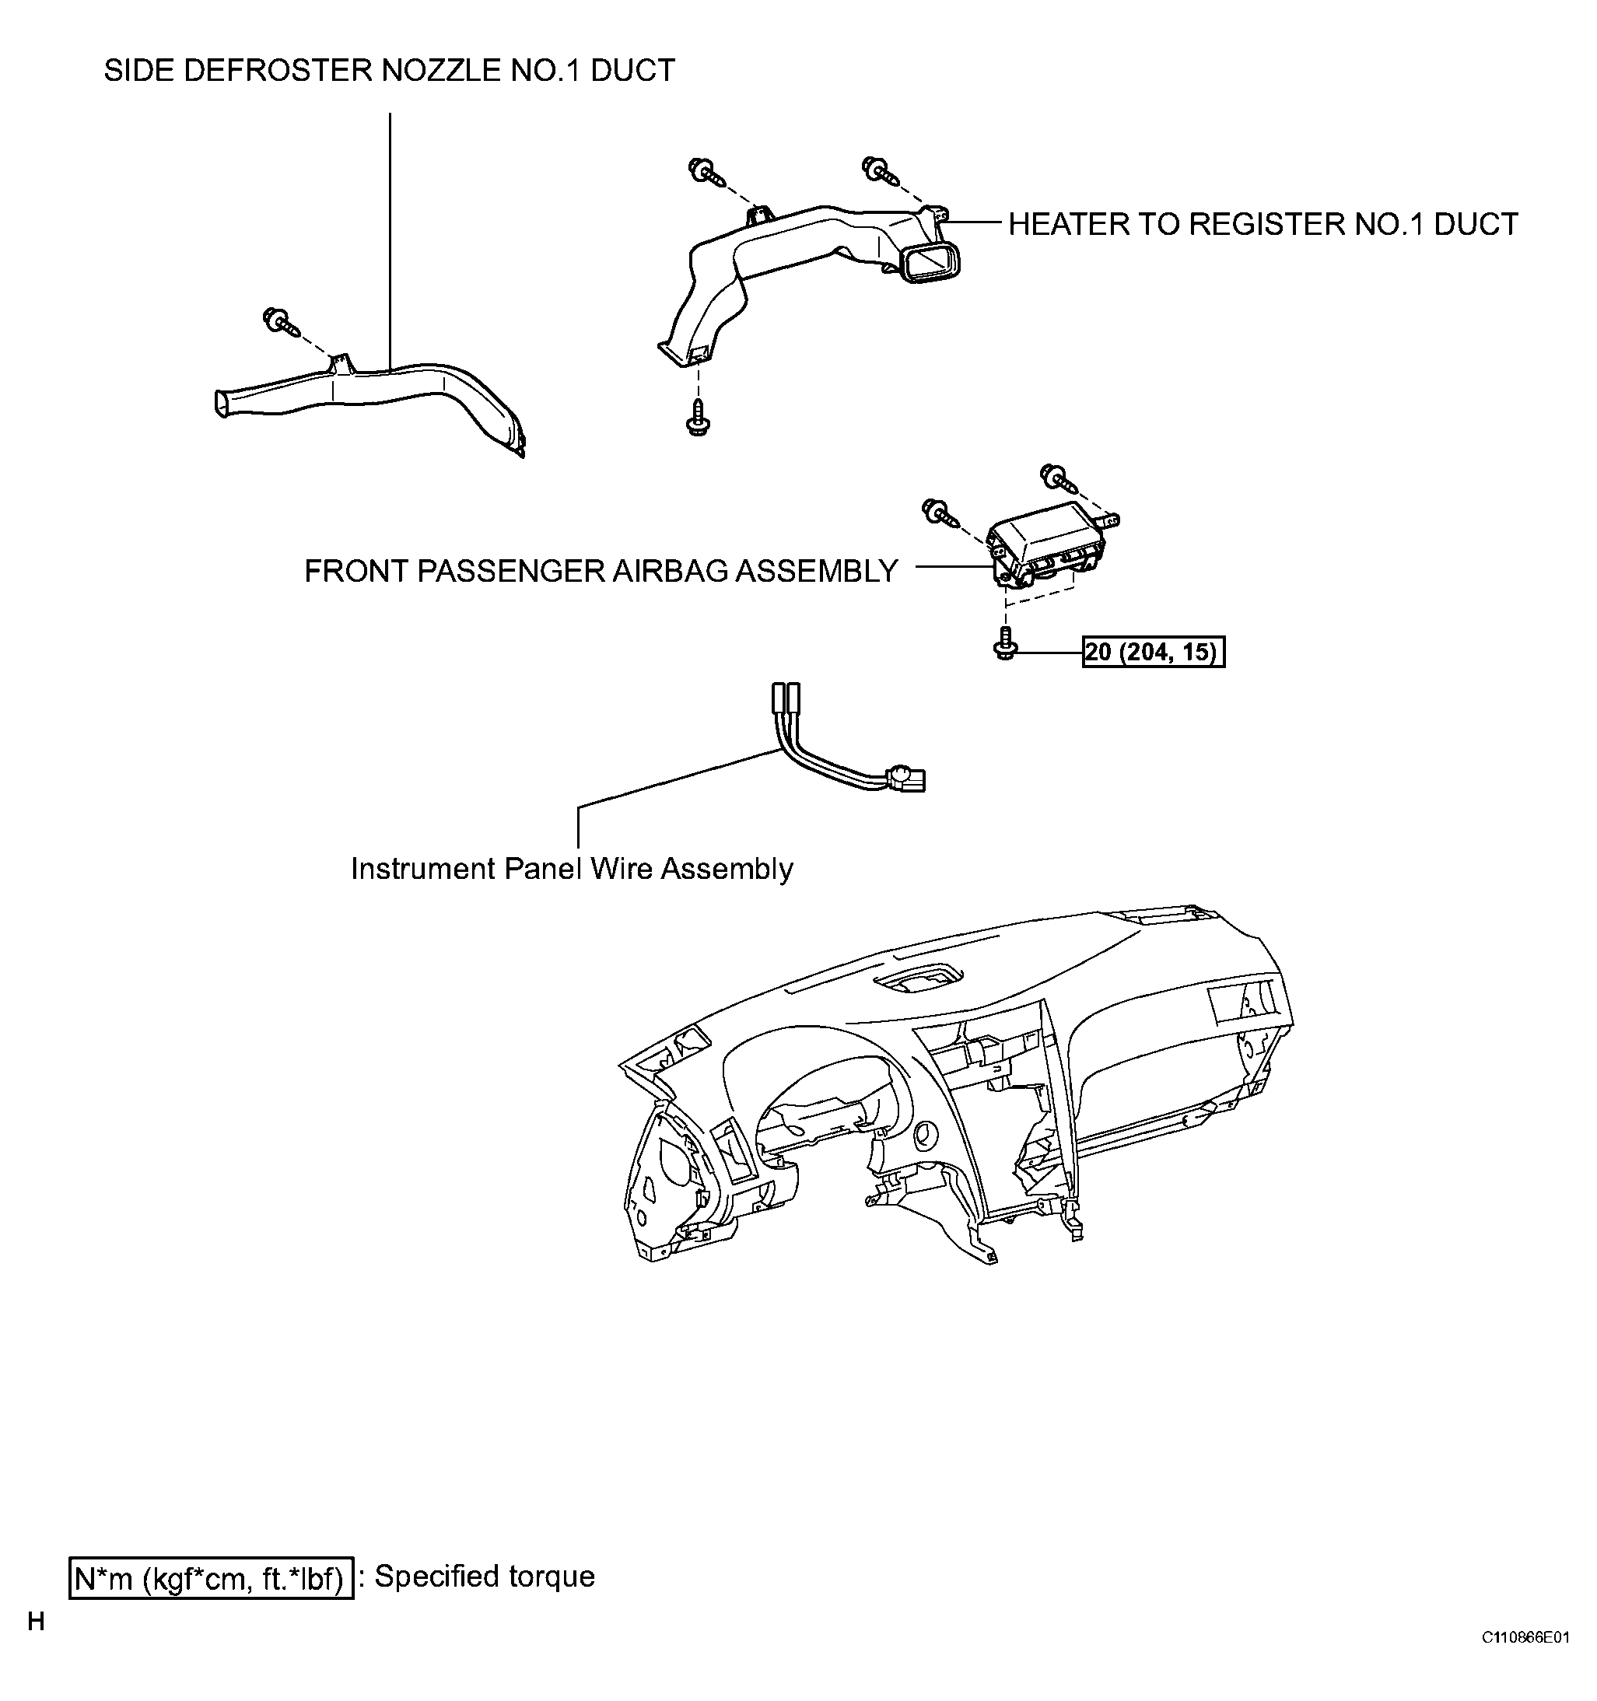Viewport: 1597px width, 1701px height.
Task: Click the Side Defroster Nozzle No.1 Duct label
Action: click(x=390, y=70)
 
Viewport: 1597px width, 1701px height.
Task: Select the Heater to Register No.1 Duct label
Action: click(x=1263, y=224)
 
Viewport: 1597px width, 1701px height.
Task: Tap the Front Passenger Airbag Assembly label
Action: click(x=601, y=571)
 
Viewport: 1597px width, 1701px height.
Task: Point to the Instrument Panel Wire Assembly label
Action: click(x=572, y=870)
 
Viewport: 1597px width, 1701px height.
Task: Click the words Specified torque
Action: click(x=485, y=1577)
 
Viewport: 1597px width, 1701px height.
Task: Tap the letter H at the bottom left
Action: click(x=36, y=1622)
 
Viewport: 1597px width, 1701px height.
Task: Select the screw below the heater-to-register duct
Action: click(x=699, y=417)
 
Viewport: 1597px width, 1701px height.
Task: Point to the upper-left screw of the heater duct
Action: click(x=707, y=170)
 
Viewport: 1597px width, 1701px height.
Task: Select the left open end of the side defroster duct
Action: click(x=222, y=403)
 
